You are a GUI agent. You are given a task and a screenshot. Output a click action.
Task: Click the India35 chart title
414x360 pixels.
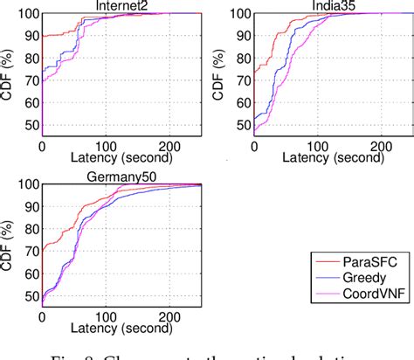(335, 6)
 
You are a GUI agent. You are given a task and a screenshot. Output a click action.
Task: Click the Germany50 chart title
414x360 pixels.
(122, 177)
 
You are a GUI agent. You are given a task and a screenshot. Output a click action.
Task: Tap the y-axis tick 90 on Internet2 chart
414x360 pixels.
(31, 37)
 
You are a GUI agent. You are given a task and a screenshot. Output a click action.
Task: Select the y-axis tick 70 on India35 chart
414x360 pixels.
(243, 80)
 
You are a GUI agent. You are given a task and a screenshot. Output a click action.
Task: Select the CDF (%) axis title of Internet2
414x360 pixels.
(10, 73)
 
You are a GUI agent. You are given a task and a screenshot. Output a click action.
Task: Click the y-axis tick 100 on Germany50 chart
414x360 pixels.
(27, 184)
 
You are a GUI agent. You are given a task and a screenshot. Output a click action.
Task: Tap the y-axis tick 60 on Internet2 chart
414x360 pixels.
(31, 103)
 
